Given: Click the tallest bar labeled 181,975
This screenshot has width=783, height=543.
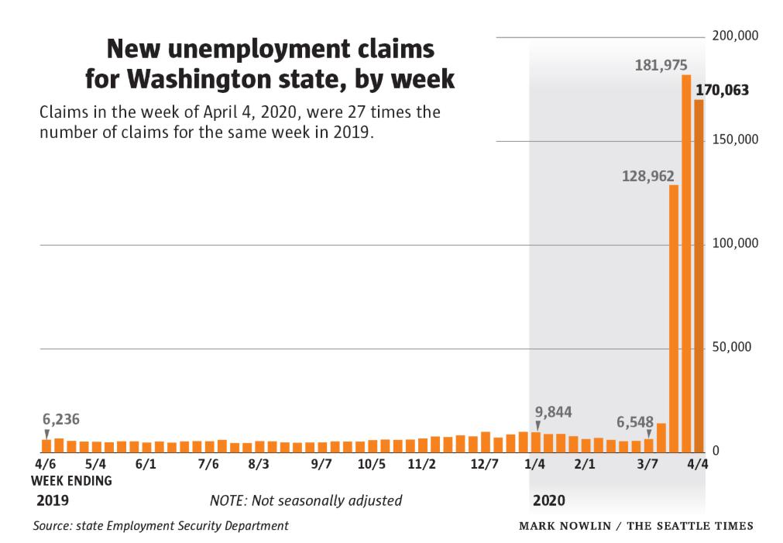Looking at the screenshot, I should pos(685,263).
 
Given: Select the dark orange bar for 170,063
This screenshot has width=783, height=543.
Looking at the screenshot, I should pos(699,276).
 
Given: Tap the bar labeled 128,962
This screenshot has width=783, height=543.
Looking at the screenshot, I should pos(673,318).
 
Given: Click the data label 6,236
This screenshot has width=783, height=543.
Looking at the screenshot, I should pos(61,420).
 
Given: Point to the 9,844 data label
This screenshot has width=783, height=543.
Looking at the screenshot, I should pos(553,412).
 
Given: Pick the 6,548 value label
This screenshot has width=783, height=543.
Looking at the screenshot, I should pos(635,423).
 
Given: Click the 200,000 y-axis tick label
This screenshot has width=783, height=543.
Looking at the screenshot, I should pos(735,36).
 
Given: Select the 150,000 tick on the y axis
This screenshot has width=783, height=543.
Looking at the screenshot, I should pos(735,139).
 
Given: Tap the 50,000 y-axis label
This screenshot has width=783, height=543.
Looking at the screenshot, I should pos(732,347).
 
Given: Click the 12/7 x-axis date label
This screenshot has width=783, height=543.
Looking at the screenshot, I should pos(484,465).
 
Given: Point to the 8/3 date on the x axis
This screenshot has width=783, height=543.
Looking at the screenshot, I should pos(259,465).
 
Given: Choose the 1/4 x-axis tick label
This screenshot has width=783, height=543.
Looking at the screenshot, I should pos(534,465).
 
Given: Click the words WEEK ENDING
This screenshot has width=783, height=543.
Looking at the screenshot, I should pos(71,480).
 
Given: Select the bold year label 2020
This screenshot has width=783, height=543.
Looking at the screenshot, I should pos(548,500).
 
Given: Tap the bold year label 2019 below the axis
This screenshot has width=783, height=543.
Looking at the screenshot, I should pos(53,500).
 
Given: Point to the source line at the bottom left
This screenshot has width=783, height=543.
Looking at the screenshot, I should pos(160,526).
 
